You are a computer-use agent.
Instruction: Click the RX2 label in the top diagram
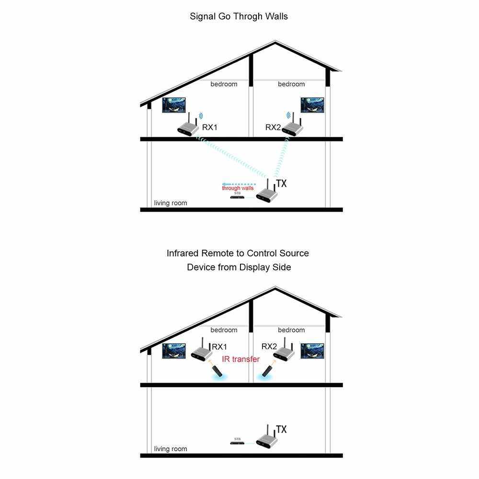point(273,127)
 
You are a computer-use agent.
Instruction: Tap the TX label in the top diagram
point(281,183)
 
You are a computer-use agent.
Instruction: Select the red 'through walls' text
point(238,188)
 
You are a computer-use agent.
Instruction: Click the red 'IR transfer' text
point(240,359)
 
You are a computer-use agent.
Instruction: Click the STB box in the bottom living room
point(238,443)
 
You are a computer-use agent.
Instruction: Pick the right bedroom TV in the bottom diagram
point(312,351)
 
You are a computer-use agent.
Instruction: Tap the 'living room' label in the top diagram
point(171,203)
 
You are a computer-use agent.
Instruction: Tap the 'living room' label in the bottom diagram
point(171,449)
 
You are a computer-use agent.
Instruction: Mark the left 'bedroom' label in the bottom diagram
point(224,330)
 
